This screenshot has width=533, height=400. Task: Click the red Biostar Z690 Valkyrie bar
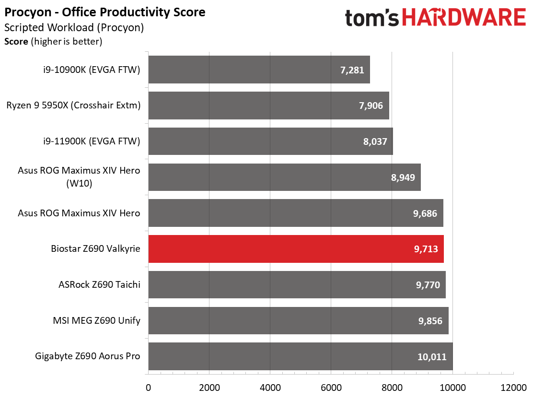click(296, 248)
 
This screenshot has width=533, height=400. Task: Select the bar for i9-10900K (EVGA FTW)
click(259, 70)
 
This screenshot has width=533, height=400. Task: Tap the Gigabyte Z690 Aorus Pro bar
click(301, 356)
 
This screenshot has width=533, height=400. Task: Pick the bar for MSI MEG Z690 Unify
click(299, 320)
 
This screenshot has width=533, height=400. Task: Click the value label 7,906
click(371, 106)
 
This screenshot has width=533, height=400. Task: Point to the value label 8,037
click(375, 141)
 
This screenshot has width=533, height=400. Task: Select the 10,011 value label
click(432, 357)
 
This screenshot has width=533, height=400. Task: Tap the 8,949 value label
click(403, 177)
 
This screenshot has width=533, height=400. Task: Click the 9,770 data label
click(428, 285)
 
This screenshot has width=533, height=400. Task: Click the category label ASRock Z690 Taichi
click(99, 284)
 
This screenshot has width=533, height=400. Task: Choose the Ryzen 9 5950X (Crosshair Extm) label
click(73, 105)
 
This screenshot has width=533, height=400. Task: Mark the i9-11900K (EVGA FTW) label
click(92, 141)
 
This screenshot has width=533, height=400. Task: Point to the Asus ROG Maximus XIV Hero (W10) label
click(79, 176)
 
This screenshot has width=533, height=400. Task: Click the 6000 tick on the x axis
click(331, 388)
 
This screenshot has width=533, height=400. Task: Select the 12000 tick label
click(513, 388)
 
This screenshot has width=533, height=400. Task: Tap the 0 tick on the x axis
click(148, 388)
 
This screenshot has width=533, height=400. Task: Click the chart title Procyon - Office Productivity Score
click(104, 12)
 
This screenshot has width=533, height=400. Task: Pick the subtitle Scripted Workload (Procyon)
click(74, 27)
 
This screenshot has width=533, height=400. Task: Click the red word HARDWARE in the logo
click(464, 18)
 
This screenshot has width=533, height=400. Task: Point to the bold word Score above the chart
click(16, 42)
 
